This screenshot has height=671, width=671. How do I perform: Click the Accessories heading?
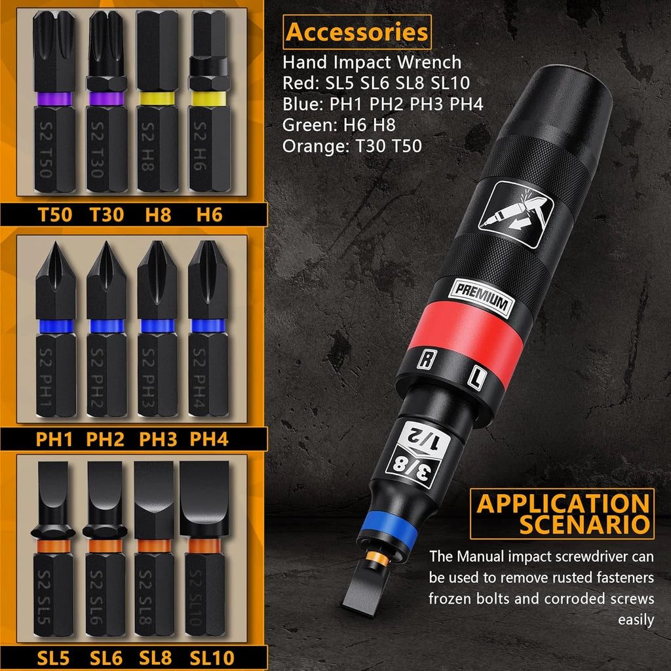(x=357, y=32)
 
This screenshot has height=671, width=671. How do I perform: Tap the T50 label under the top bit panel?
(x=55, y=214)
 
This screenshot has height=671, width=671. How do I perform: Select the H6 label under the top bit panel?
(x=209, y=214)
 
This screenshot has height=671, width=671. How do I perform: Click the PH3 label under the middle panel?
(x=158, y=440)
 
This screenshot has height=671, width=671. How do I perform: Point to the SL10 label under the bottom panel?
(x=212, y=658)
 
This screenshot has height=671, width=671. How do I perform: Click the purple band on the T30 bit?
(x=107, y=99)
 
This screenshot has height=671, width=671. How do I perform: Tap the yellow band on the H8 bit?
(x=157, y=98)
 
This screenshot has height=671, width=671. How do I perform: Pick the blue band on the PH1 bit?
(x=56, y=326)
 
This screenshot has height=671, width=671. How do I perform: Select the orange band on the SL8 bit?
(x=154, y=546)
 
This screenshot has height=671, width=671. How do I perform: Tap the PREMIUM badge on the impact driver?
(x=482, y=298)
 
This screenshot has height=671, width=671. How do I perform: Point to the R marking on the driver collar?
(x=425, y=360)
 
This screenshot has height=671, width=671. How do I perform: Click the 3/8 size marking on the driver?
(x=410, y=468)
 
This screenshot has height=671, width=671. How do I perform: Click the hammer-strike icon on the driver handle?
(x=516, y=214)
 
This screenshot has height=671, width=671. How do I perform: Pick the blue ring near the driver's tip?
(x=389, y=526)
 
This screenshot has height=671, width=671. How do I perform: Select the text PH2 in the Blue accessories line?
(x=387, y=104)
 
